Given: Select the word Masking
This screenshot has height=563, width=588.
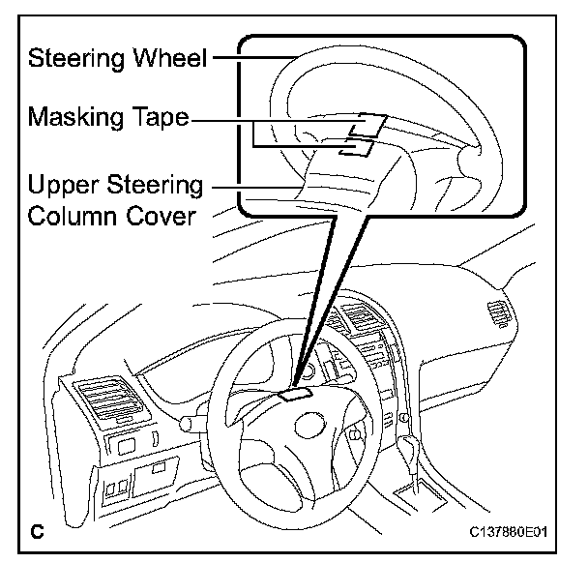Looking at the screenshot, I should [x=73, y=119].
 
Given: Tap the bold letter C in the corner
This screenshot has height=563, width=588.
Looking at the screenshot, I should [x=39, y=531].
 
